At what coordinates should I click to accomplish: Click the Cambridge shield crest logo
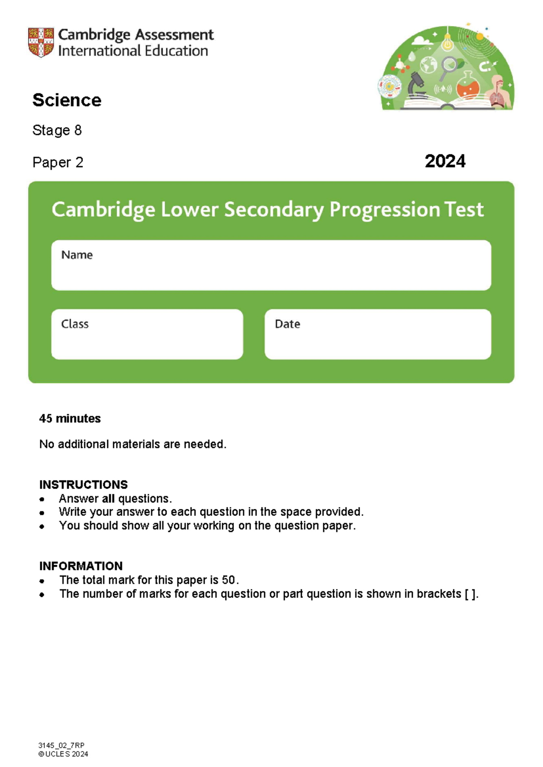click(x=41, y=42)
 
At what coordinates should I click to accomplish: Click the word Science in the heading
click(x=67, y=100)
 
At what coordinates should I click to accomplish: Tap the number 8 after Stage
click(x=78, y=130)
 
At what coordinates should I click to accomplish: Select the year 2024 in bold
click(x=445, y=161)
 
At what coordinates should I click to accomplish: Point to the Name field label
click(x=77, y=255)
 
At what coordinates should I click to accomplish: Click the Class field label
click(x=75, y=324)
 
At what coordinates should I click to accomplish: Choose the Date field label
click(x=287, y=324)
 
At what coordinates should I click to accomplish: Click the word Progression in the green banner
click(x=384, y=209)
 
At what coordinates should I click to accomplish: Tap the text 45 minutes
click(x=70, y=418)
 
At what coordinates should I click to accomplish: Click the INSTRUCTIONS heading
click(x=83, y=484)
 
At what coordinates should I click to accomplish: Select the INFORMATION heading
click(x=81, y=566)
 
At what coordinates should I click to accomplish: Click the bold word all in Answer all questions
click(x=108, y=498)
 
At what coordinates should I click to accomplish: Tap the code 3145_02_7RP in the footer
click(x=62, y=745)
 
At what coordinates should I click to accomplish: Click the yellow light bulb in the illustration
click(x=447, y=43)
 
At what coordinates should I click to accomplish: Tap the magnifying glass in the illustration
click(x=448, y=66)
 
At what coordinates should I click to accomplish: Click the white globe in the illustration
click(x=428, y=65)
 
